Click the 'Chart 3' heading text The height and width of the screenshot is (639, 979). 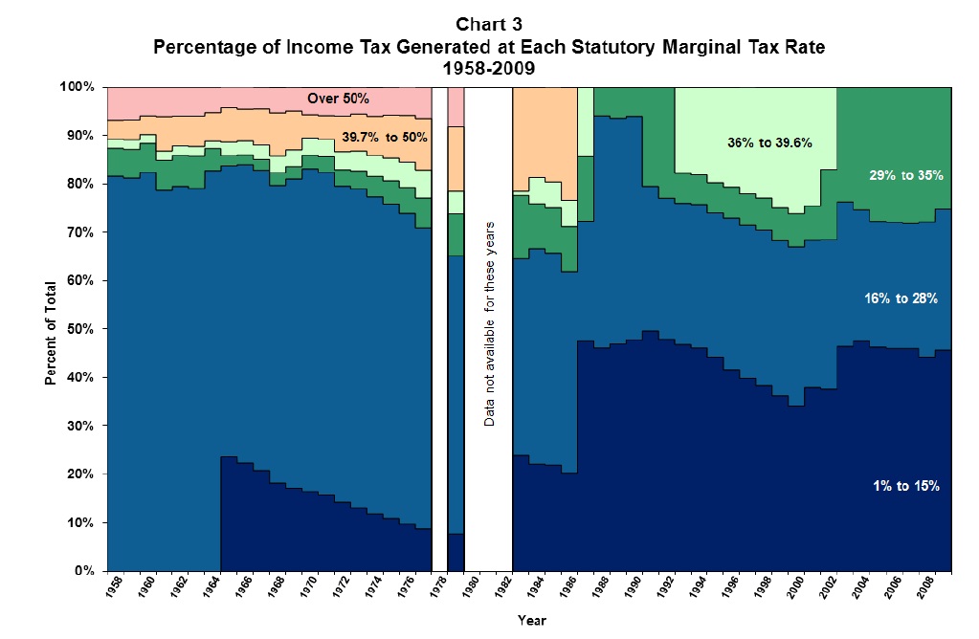489,22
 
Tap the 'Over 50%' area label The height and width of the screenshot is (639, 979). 338,99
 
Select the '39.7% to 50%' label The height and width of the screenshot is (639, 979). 385,138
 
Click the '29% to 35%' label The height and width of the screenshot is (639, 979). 905,175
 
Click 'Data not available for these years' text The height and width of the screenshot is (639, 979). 489,323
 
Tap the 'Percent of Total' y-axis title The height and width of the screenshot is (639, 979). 50,328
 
